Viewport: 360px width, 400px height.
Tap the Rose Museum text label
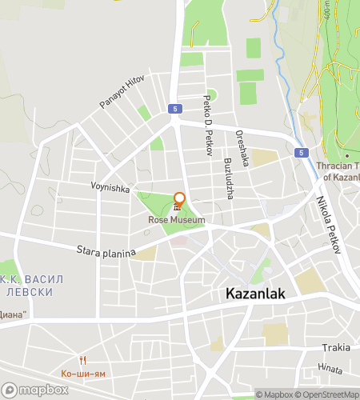pyautogui.click(x=177, y=219)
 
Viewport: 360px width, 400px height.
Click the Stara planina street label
pyautogui.click(x=106, y=252)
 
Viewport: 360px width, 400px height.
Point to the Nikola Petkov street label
pyautogui.click(x=329, y=225)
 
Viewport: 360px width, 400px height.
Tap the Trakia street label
pyautogui.click(x=336, y=348)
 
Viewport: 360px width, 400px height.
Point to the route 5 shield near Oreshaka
pyautogui.click(x=299, y=152)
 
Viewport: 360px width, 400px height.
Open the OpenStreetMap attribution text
pyautogui.click(x=329, y=394)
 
